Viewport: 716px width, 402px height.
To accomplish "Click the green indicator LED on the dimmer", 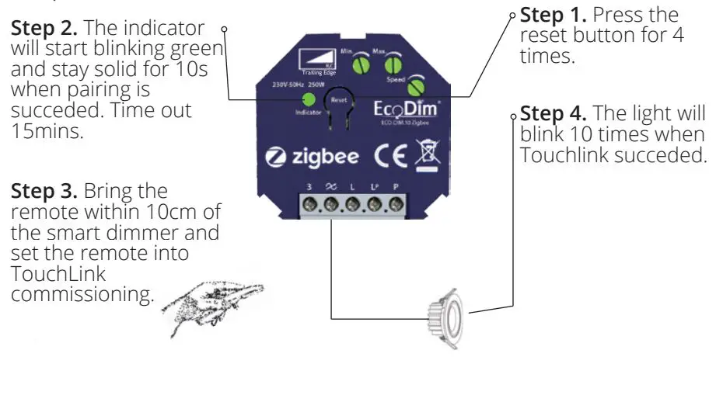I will coord(308,99).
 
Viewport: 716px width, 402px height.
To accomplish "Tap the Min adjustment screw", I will coord(360,67).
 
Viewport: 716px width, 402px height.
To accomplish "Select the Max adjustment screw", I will coord(393,67).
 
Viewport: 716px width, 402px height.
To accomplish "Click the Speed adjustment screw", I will coord(417,88).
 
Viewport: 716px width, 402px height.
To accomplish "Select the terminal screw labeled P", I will coord(396,206).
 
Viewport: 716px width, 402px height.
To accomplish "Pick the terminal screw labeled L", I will coord(352,206).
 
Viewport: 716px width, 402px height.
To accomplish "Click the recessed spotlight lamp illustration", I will coord(445,317).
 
